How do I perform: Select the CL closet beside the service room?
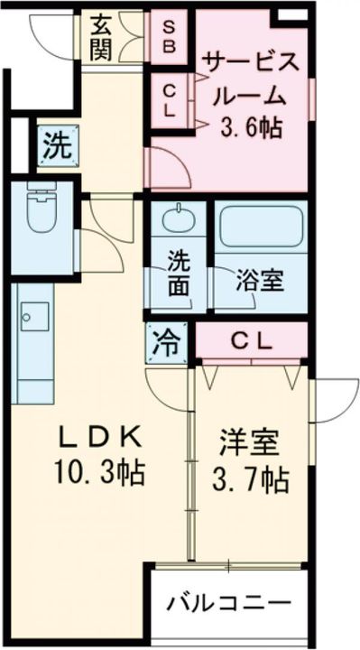pos(170,100)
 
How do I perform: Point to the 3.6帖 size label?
pos(250,126)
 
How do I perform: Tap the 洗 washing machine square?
pos(57,145)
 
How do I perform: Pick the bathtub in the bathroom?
pos(260,228)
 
